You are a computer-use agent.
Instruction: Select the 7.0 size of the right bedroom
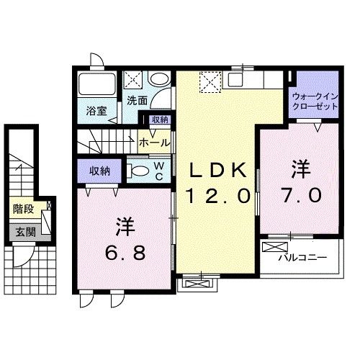click(300, 195)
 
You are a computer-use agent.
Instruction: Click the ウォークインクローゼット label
click(314, 100)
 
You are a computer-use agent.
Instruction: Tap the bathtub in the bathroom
click(96, 84)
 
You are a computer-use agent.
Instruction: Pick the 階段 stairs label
click(24, 210)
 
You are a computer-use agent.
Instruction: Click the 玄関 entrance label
click(23, 232)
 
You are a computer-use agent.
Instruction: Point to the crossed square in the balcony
click(275, 247)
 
